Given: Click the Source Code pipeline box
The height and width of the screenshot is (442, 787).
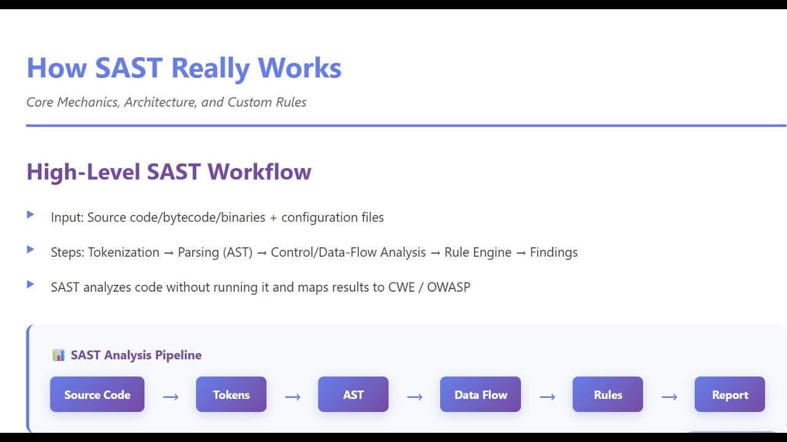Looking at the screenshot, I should tap(97, 395).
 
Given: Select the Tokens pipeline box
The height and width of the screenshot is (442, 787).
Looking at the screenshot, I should tap(231, 395).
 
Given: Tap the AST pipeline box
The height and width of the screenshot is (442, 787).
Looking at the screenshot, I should tap(353, 395).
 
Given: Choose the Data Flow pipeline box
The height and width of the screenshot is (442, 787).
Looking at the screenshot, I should tap(480, 395).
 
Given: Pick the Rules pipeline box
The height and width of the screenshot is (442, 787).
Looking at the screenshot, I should tap(607, 395).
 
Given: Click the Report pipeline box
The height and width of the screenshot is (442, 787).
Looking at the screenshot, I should tap(730, 395).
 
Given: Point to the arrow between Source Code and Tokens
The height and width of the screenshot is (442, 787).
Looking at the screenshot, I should tap(170, 397).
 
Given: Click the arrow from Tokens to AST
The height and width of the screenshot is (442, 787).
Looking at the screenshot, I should tap(293, 397).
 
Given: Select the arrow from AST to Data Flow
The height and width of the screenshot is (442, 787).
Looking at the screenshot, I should tap(414, 397).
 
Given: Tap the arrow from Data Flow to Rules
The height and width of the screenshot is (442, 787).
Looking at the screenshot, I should tap(547, 397).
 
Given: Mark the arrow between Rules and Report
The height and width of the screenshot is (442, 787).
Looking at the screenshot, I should tap(669, 397).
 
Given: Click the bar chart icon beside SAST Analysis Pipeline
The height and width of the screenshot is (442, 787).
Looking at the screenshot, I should tap(58, 355).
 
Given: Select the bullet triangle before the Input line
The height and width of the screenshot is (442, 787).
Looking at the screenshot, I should tap(30, 215).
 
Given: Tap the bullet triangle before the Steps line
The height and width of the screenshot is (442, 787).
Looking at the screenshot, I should tap(30, 249).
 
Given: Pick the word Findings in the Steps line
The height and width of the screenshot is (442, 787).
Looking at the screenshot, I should tap(553, 252).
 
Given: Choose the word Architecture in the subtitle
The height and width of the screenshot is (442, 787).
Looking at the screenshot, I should tap(159, 103).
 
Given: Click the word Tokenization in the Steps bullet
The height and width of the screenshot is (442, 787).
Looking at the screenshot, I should tap(124, 252).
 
